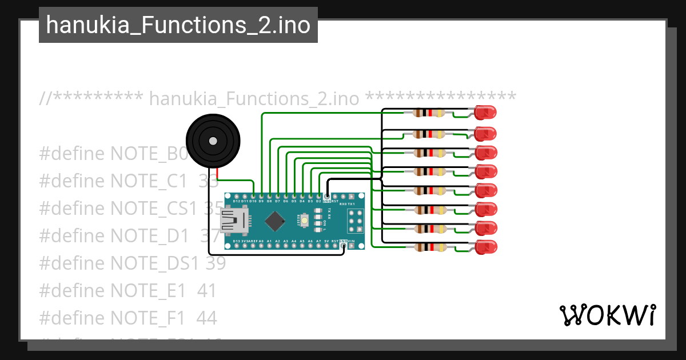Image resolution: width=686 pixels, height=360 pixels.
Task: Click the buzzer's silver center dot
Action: tap(213, 141)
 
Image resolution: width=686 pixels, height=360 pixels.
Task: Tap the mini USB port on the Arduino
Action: tap(231, 221)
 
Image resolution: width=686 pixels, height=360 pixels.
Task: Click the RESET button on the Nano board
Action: tap(305, 221)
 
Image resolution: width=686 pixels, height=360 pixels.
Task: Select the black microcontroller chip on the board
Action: tap(276, 221)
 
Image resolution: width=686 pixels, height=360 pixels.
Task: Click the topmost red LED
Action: tap(485, 113)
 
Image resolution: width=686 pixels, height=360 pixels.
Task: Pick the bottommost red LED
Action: tap(485, 247)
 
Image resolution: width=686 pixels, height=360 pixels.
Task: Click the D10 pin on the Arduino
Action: tap(253, 197)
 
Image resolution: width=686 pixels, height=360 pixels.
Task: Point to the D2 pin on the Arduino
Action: tap(318, 197)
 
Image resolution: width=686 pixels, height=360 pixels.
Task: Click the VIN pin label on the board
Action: tap(351, 242)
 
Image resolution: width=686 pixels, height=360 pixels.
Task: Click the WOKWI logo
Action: tap(607, 315)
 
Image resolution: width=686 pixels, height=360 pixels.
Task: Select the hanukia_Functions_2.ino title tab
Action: tap(178, 25)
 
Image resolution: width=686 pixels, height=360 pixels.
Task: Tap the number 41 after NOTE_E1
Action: tap(207, 291)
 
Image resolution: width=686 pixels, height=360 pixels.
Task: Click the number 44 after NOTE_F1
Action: tap(207, 318)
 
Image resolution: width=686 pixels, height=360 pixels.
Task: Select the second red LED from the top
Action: tap(485, 134)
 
